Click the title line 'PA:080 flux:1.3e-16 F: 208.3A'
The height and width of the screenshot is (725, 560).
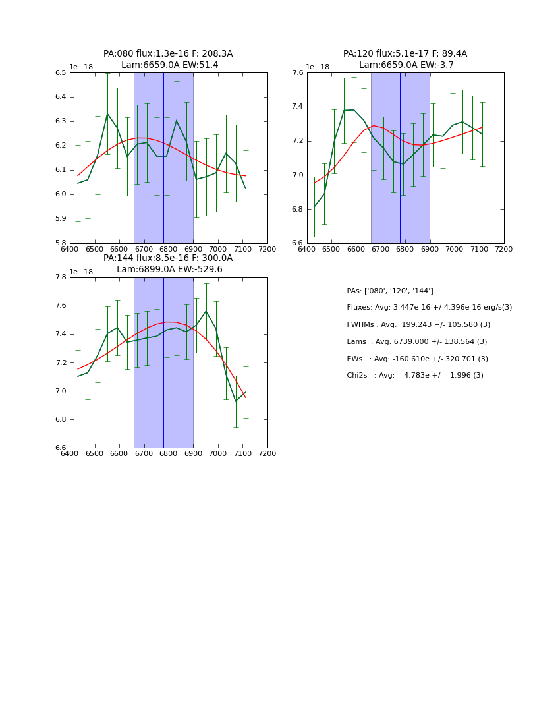(x=168, y=54)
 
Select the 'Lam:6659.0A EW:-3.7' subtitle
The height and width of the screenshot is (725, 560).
(x=405, y=65)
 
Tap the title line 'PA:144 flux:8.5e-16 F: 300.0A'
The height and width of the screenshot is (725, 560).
(x=168, y=258)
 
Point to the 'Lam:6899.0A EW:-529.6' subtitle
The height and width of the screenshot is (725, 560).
(x=169, y=270)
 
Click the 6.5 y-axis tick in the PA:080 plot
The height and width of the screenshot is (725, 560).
(x=61, y=72)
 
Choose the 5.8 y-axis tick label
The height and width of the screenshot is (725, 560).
(x=61, y=243)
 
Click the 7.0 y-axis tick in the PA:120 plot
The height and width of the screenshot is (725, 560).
(x=298, y=175)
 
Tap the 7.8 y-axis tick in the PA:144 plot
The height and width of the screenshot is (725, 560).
(x=61, y=277)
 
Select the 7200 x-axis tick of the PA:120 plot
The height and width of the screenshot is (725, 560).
(x=504, y=250)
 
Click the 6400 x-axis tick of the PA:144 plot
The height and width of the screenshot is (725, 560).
(x=70, y=454)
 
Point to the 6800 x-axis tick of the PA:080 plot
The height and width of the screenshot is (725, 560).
(x=169, y=250)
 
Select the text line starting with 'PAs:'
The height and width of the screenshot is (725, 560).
(x=390, y=291)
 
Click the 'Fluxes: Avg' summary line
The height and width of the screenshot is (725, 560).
(x=429, y=308)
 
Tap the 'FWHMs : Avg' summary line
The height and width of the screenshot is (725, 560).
(x=418, y=325)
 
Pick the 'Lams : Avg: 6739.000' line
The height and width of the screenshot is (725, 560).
(x=417, y=342)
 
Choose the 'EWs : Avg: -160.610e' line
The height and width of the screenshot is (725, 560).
(x=418, y=359)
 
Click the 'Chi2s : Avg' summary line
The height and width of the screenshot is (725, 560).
(x=415, y=376)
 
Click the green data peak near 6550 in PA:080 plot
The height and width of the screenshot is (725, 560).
(x=107, y=113)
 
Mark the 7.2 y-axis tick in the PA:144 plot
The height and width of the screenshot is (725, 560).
(x=61, y=362)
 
